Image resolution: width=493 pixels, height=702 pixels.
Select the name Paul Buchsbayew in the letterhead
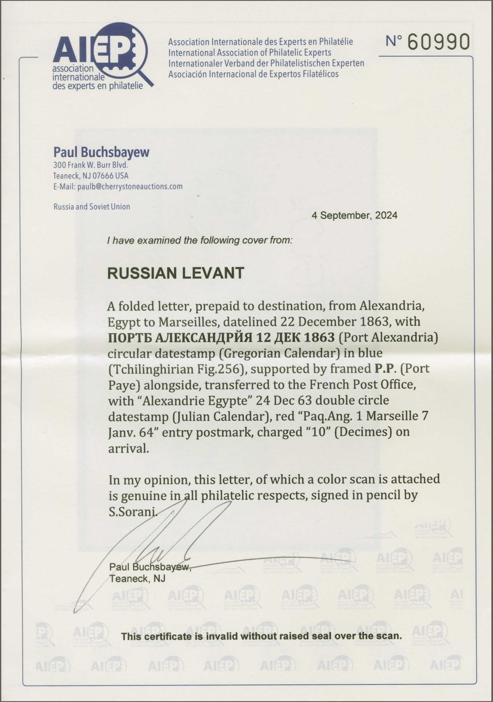pyautogui.click(x=101, y=152)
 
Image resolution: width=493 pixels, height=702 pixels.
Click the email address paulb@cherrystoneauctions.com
pyautogui.click(x=130, y=186)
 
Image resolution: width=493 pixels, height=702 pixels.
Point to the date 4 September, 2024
pyautogui.click(x=354, y=215)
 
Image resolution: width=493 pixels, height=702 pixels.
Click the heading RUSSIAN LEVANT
pyautogui.click(x=176, y=273)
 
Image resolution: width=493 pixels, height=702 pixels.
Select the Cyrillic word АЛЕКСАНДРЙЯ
pyautogui.click(x=204, y=338)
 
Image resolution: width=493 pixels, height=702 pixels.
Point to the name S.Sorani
pyautogui.click(x=133, y=512)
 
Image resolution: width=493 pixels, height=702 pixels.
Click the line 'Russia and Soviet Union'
pyautogui.click(x=92, y=207)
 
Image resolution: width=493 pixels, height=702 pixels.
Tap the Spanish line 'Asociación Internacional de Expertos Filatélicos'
pyautogui.click(x=253, y=74)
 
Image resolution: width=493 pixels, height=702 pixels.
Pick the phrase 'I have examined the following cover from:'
pyautogui.click(x=199, y=240)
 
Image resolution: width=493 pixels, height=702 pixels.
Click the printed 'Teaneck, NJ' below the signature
pyautogui.click(x=137, y=578)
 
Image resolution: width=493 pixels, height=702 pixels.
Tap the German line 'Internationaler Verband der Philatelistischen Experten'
pyautogui.click(x=266, y=63)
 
